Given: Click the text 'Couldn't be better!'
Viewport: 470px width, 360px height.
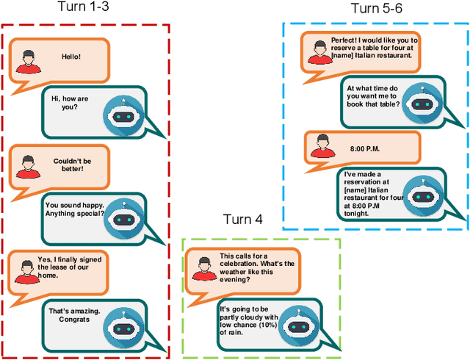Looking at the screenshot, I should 68,165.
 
